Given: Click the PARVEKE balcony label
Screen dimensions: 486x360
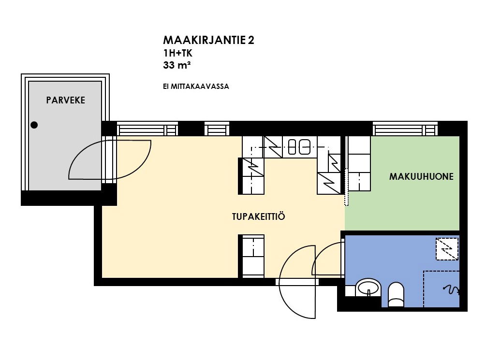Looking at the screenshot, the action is (65, 100).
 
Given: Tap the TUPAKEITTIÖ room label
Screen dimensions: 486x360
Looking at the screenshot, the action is (258, 216).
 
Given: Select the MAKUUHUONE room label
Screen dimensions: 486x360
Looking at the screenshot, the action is (421, 176).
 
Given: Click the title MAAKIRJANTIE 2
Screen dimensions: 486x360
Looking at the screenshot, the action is (208, 40).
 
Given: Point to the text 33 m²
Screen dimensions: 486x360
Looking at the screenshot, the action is (177, 65).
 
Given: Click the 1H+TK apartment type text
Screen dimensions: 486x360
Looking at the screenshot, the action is (177, 53).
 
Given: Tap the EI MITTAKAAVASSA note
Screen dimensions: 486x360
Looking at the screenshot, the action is (196, 86).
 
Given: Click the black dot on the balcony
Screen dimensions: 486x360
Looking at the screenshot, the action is (34, 125).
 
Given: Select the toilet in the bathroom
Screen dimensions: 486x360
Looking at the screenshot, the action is (396, 294).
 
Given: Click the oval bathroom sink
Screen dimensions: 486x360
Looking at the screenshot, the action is (368, 288).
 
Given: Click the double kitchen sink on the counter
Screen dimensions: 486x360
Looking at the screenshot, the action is (299, 147).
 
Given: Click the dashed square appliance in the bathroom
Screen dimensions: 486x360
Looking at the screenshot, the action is (447, 249).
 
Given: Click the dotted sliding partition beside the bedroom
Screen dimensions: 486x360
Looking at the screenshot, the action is (347, 187).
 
